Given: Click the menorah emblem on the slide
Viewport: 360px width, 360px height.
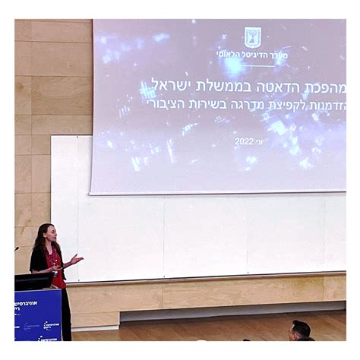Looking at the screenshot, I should click(x=252, y=37).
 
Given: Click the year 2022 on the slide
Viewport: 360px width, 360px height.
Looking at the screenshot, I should click(x=244, y=141).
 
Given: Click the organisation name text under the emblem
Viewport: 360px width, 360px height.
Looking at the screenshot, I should click(x=250, y=55).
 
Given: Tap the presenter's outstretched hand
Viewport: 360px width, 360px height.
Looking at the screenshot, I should click(x=77, y=259).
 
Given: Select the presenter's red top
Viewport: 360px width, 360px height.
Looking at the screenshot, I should click(x=56, y=270).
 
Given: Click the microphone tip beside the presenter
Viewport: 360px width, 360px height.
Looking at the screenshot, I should click(x=17, y=248).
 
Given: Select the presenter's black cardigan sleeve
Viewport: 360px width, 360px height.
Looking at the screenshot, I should click(x=38, y=262).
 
